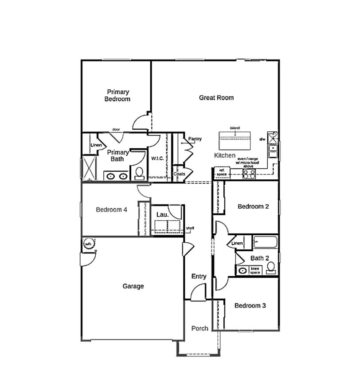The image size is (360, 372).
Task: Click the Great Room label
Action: (x=216, y=98)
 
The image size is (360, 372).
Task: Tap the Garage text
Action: (x=133, y=286)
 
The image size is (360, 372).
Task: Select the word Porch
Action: (x=200, y=328)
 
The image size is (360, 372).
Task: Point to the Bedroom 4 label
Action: (x=112, y=210)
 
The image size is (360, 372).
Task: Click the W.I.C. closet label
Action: (x=158, y=158)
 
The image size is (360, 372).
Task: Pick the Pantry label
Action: (x=195, y=139)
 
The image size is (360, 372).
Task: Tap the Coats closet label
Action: (x=179, y=174)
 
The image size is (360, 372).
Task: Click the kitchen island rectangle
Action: (x=235, y=141)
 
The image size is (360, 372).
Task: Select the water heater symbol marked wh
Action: (x=88, y=244)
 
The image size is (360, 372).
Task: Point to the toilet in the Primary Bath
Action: (x=139, y=173)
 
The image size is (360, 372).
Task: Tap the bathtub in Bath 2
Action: (x=265, y=242)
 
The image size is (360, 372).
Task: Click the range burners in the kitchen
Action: (x=249, y=174)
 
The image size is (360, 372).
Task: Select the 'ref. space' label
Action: (x=222, y=172)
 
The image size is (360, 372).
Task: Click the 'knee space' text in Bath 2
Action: (x=255, y=270)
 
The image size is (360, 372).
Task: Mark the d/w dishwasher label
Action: (x=262, y=139)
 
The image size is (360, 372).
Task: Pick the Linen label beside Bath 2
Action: (x=237, y=243)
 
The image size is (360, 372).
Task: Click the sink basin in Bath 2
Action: (x=243, y=270)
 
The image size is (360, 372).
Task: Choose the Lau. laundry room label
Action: (x=162, y=215)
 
